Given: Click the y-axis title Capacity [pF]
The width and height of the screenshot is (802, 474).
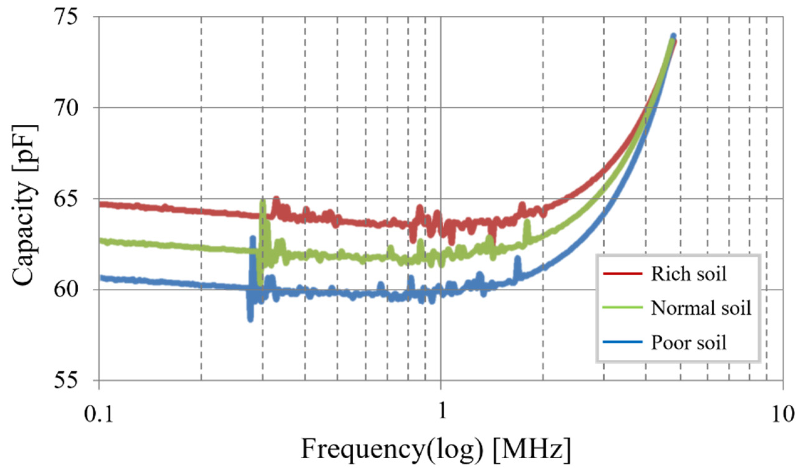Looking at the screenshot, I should [24, 205].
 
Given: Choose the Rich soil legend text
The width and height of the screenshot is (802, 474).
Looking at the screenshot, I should [689, 274].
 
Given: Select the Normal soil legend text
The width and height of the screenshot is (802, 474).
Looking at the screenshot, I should [701, 308].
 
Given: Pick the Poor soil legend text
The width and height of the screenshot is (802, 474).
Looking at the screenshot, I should [689, 343].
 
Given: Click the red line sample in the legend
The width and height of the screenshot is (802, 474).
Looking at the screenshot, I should [622, 273].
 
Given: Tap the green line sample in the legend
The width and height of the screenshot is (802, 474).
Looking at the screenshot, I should [622, 308].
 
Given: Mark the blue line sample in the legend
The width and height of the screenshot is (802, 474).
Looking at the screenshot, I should [622, 342].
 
